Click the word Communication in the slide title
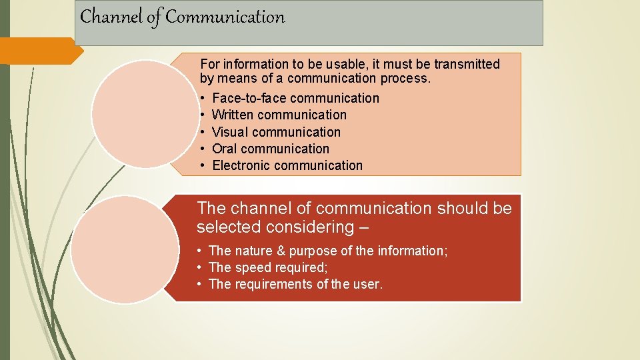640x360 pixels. pos(225,17)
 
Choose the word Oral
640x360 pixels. pos(225,149)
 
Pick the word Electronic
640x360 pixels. pos(241,165)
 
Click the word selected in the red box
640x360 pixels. pos(228,227)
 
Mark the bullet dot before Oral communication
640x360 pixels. pos(202,149)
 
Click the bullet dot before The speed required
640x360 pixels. pos(199,267)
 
